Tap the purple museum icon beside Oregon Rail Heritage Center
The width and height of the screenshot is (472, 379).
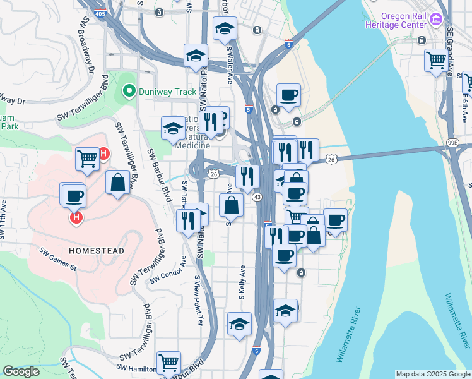pos(435,20)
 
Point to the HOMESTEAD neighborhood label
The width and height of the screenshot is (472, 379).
pos(97,251)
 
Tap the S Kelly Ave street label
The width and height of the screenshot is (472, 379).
pos(241,282)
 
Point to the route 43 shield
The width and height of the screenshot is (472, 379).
pos(257,198)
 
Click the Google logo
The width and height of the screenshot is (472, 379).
pos(21,371)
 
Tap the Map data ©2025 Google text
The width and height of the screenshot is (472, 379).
pos(432,374)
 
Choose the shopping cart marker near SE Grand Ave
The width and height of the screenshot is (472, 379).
pos(436,61)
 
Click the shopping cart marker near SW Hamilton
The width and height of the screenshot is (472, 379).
pos(168,363)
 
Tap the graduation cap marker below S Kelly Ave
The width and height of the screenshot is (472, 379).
pos(239,325)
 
